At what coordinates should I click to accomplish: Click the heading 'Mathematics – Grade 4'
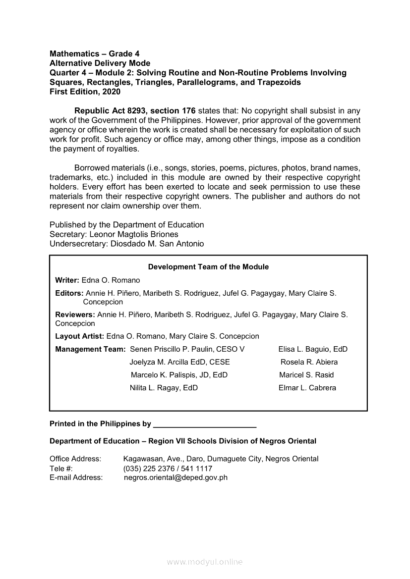91,53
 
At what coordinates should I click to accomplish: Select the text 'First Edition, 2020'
85,92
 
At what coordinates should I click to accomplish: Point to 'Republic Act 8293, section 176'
135,110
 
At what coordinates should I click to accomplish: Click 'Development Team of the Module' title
208,267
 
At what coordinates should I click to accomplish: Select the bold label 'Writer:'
67,280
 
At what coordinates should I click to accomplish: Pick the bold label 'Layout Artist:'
79,336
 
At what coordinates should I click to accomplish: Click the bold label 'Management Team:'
90,349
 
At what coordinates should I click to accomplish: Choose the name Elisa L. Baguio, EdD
313,349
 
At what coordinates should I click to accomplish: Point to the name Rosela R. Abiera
309,362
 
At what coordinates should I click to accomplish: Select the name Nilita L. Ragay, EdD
164,388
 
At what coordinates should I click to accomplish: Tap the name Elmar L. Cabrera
307,388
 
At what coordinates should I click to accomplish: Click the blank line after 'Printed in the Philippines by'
205,425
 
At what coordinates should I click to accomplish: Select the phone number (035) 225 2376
148,469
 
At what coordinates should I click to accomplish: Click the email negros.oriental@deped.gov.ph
176,477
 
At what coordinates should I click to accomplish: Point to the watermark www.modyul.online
205,562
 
